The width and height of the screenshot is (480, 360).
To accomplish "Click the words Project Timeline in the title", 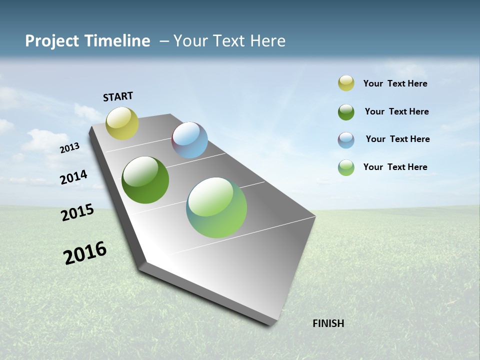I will coord(87,41).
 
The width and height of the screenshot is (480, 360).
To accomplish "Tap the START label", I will coord(118,96).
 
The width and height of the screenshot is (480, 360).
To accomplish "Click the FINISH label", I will coord(328,323).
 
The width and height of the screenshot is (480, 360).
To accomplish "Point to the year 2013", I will coord(69,148).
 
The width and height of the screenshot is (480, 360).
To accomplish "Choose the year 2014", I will coord(74,177).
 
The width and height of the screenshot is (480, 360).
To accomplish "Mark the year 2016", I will coord(85,253).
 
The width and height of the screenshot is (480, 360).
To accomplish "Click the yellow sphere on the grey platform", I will coord(122,123).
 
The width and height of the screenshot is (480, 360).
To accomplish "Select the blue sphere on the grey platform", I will coord(190,140).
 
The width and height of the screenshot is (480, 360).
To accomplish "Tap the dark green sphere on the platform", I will coord(145,180).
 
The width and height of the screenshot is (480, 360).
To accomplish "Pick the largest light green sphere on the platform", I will coord(216,207).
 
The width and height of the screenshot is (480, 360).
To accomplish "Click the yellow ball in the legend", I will coord(346,83).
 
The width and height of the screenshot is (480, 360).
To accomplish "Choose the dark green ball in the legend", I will coord(346,112).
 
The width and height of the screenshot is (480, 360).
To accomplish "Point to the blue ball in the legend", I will coord(346,140).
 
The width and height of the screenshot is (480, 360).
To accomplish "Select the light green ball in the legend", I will coord(346,167).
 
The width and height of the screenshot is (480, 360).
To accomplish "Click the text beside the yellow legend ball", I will coord(395,83).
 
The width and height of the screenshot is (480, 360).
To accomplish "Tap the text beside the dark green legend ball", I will coord(397,111).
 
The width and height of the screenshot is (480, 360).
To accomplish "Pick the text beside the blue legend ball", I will coord(398,139).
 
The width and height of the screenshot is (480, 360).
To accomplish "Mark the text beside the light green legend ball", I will coord(395,167).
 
